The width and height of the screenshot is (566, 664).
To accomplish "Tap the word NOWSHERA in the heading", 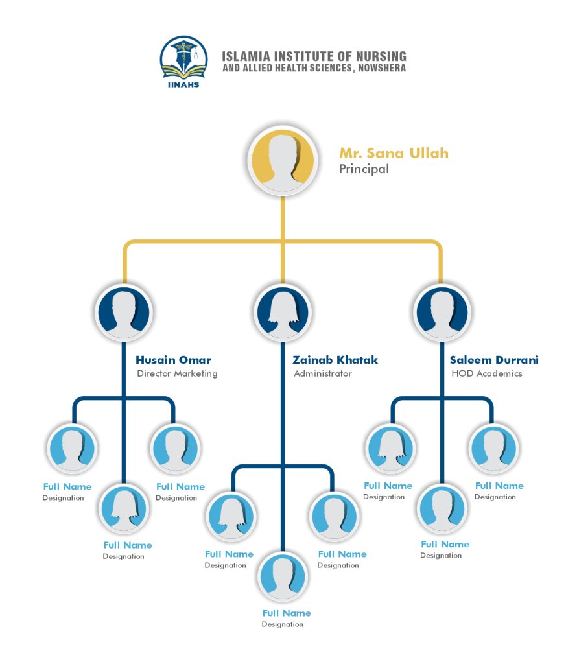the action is click(382, 67).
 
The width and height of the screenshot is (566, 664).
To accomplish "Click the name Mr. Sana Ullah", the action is click(394, 153).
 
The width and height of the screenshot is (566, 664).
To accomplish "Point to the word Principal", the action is click(364, 169).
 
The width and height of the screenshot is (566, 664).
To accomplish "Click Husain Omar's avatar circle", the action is click(124, 312).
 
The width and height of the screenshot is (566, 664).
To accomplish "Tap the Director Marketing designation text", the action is click(177, 373).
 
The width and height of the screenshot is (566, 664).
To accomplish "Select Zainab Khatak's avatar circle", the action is click(283, 312).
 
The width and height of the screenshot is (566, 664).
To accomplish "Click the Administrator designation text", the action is click(323, 373).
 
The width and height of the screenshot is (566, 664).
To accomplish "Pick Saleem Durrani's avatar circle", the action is click(442, 312).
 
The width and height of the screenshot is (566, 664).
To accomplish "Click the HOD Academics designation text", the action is click(486, 373).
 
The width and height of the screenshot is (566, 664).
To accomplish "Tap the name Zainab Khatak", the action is click(335, 360).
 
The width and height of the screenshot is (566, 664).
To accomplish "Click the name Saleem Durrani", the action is click(494, 360).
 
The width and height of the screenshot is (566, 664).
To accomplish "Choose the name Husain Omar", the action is click(173, 360).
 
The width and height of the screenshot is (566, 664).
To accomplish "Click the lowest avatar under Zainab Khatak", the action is click(283, 576).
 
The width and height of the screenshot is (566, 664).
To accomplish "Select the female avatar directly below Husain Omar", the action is click(124, 508).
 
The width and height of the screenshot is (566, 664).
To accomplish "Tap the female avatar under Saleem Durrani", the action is click(390, 449).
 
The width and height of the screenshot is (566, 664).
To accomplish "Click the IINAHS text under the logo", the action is click(183, 85).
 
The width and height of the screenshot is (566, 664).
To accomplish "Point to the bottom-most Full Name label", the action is click(286, 613).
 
